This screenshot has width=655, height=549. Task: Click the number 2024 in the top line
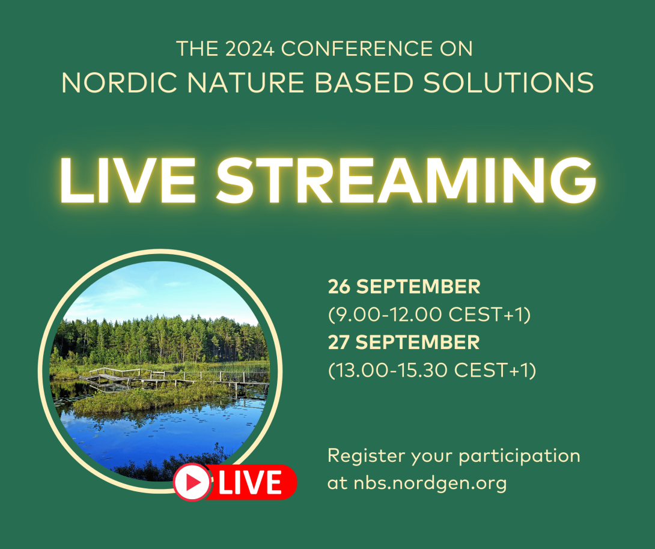(250, 49)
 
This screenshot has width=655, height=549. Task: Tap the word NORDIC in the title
(120, 83)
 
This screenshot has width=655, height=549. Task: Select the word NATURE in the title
(246, 83)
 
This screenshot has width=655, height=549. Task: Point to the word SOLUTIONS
(508, 83)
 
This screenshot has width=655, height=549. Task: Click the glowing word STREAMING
(406, 180)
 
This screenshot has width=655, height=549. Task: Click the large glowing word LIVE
(128, 180)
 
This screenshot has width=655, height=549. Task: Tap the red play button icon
(192, 482)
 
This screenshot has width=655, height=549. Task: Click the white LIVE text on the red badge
(250, 482)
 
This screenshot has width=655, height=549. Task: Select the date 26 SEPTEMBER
(404, 287)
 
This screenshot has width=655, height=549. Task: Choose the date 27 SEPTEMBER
(404, 342)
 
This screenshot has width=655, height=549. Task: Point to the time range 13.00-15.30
(392, 371)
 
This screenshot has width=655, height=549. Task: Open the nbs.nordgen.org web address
(430, 484)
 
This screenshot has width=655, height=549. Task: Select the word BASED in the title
(364, 83)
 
